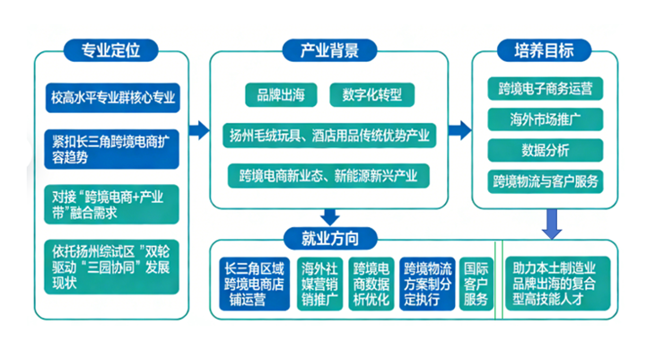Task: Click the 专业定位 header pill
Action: point(111,49)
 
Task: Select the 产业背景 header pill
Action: point(328,49)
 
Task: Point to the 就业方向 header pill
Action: point(328,239)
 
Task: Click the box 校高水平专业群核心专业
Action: point(112,97)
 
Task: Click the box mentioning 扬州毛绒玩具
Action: point(328,136)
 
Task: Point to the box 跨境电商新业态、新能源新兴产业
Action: point(328,174)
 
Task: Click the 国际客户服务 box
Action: point(476,284)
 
